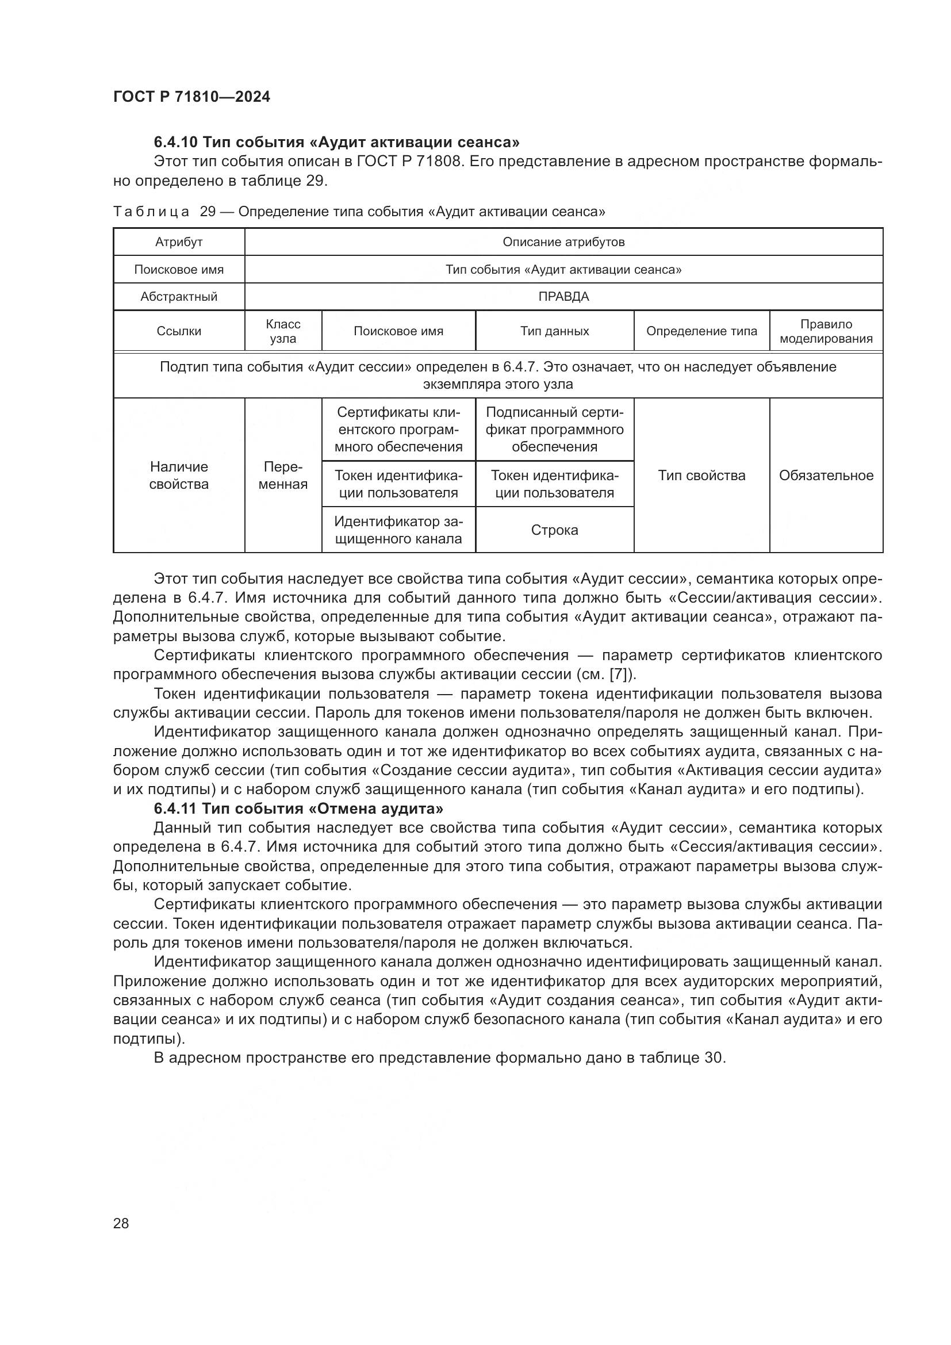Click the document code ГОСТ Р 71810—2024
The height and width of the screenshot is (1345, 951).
[x=191, y=97]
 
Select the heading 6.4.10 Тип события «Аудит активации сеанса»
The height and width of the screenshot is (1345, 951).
[x=337, y=142]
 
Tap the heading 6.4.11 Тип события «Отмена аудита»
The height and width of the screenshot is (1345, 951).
[x=298, y=808]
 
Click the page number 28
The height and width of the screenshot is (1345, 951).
[x=121, y=1223]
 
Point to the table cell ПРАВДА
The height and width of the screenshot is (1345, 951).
[x=563, y=296]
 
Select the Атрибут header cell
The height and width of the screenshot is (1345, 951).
[x=179, y=242]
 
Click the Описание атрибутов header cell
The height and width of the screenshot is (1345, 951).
[x=563, y=242]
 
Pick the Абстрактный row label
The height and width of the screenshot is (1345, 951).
[x=179, y=296]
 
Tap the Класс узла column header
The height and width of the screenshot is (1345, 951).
[x=283, y=331]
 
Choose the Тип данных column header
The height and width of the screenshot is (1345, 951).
[x=554, y=331]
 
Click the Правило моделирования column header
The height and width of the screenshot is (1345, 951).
[x=826, y=331]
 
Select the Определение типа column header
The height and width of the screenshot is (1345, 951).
[x=701, y=331]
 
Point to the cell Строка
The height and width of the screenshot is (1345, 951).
[x=554, y=530]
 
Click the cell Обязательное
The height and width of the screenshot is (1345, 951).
[x=826, y=475]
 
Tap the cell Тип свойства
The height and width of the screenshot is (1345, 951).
[x=701, y=475]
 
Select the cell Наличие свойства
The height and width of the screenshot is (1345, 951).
[x=179, y=475]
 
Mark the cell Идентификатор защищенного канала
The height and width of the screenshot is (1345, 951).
[x=398, y=530]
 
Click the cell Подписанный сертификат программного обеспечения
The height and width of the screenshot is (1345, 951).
[x=554, y=430]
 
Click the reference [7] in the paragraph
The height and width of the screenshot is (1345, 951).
[x=620, y=675]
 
